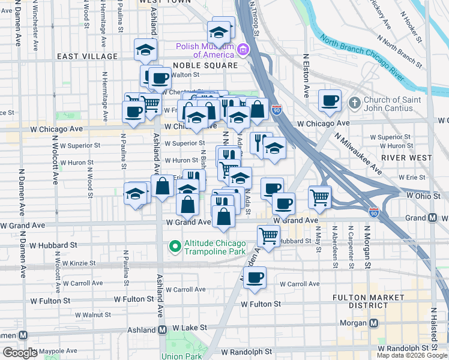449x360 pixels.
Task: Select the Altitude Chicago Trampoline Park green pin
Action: point(175,246)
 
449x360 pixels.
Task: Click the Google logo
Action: point(20,353)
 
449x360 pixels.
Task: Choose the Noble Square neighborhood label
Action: point(205,65)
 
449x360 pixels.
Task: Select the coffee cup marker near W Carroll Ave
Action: point(255,277)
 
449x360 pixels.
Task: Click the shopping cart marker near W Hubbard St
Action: point(268,235)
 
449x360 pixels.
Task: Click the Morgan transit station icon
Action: point(374,323)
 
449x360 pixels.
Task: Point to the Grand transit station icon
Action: point(432,217)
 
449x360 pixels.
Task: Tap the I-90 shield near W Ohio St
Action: point(374,212)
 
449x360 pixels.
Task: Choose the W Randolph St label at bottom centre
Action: point(247,351)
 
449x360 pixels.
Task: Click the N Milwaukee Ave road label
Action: point(358,154)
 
